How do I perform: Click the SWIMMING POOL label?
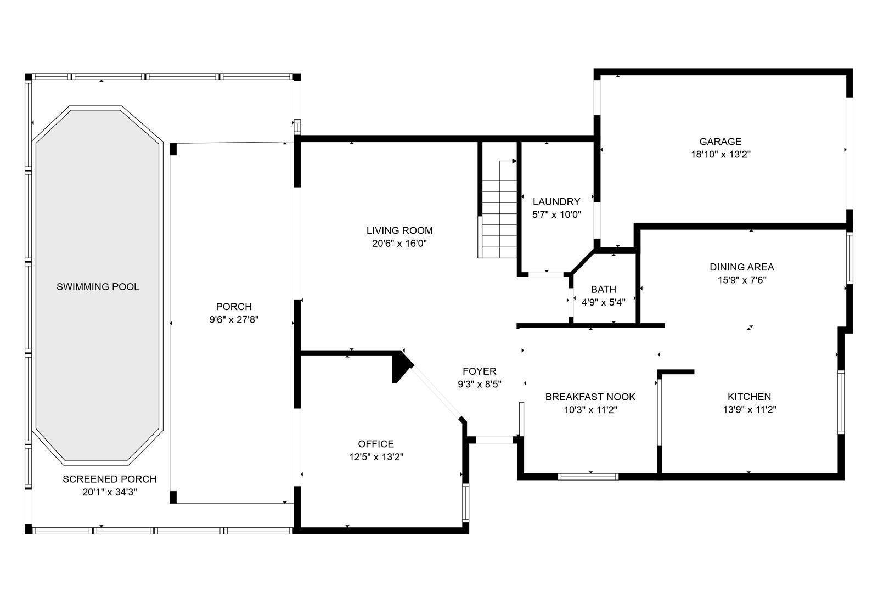pos(98,287)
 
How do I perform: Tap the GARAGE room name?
pos(721,142)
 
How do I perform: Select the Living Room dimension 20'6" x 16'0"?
pos(399,244)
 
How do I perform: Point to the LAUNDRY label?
pos(556,201)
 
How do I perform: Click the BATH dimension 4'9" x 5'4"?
pos(603,302)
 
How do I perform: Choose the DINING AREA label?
pos(741,267)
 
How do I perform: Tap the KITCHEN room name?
pos(750,396)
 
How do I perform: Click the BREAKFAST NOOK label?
pos(590,397)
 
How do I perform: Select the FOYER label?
pos(480,371)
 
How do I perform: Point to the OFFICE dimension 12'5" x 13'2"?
pos(376,456)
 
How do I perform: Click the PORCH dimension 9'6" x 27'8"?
pos(234,319)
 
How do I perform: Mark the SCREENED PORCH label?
pos(109,479)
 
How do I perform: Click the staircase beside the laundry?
pos(499,210)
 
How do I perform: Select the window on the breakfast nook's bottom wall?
pos(588,477)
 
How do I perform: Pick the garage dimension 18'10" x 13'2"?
pos(721,154)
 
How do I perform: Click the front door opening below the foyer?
pos(494,440)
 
